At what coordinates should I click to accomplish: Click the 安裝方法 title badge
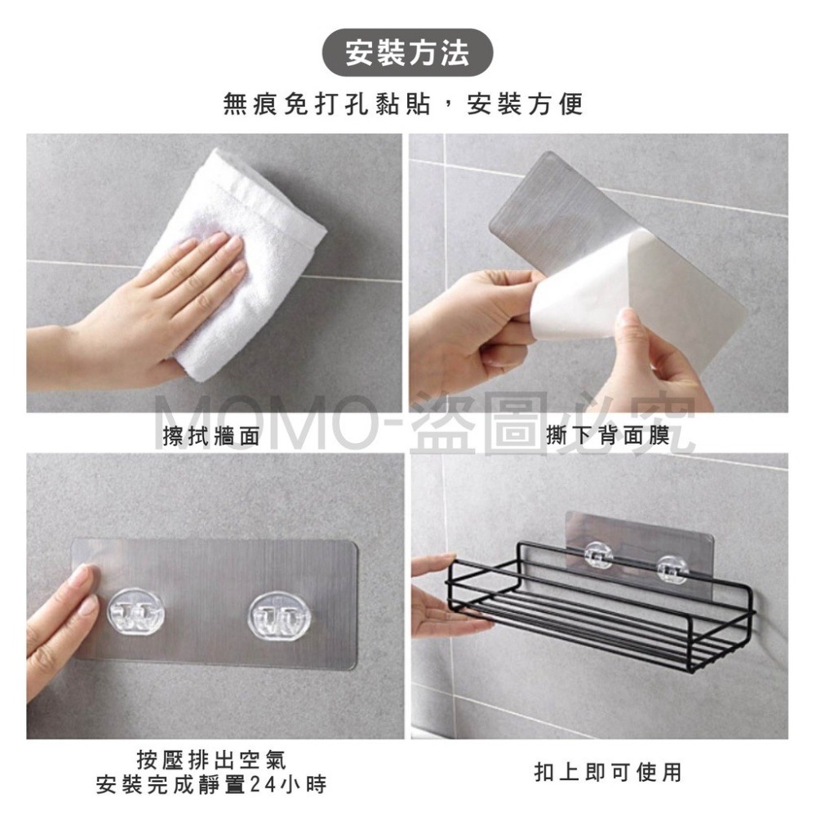407,53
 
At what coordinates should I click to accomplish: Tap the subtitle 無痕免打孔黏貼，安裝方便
403,104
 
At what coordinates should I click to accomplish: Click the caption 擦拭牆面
211,436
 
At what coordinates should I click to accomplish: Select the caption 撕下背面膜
607,435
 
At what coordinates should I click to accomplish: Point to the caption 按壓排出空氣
211,760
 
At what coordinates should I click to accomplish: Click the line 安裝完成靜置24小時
211,784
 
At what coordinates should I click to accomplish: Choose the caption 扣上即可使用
607,772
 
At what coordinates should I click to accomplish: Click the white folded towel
237,260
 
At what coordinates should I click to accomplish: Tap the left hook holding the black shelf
598,554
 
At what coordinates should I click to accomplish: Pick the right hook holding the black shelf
672,568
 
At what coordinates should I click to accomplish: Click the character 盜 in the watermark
446,423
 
